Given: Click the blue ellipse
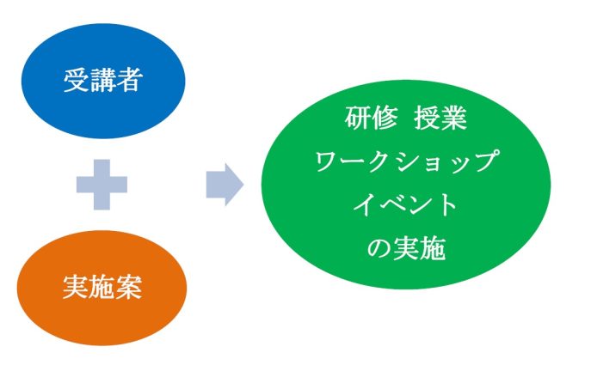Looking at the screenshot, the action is (103, 81).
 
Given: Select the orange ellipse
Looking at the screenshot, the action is (102, 288).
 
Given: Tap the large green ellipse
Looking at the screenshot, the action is (406, 185).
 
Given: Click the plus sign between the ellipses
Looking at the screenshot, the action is (102, 185).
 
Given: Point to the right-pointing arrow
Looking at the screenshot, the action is (225, 185).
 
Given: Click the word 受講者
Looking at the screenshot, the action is (103, 80).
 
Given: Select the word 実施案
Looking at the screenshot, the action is (102, 288).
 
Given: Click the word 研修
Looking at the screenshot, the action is (372, 118).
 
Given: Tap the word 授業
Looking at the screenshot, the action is (440, 118).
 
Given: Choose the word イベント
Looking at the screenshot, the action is (405, 204).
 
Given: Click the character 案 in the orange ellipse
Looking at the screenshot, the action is (129, 288).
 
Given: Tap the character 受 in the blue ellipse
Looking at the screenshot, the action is (77, 80).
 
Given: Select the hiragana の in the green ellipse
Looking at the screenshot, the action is (379, 248).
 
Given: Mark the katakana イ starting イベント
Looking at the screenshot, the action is (365, 204).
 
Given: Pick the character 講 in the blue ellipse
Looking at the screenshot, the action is (103, 80).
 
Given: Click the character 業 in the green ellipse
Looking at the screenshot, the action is (454, 118).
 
